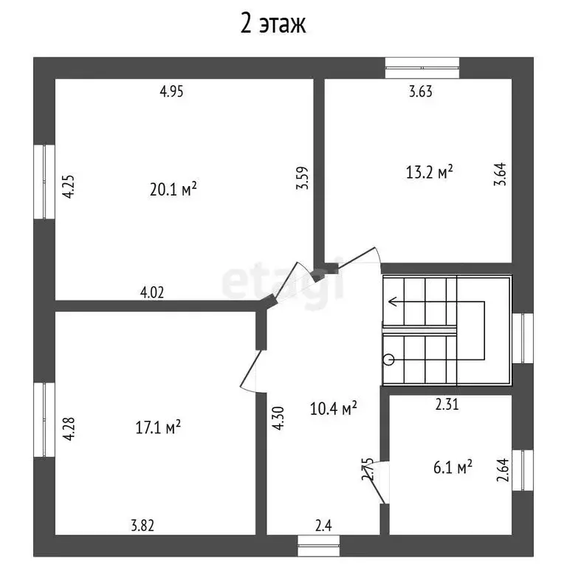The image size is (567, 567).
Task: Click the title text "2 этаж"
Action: [x=273, y=24]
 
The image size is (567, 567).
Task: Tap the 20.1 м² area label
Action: [x=173, y=190]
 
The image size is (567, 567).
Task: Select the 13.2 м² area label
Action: [x=429, y=172]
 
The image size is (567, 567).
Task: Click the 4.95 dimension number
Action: [x=171, y=92]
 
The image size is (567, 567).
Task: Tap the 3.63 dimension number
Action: [x=421, y=92]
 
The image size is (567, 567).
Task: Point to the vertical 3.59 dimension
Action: [x=302, y=178]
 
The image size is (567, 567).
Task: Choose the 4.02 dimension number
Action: [x=151, y=292]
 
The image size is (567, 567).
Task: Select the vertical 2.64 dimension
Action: [x=502, y=470]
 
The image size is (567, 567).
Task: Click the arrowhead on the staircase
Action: [x=393, y=300]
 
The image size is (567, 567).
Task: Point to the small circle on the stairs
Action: [x=390, y=360]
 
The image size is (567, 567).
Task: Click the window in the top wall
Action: [x=422, y=67]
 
